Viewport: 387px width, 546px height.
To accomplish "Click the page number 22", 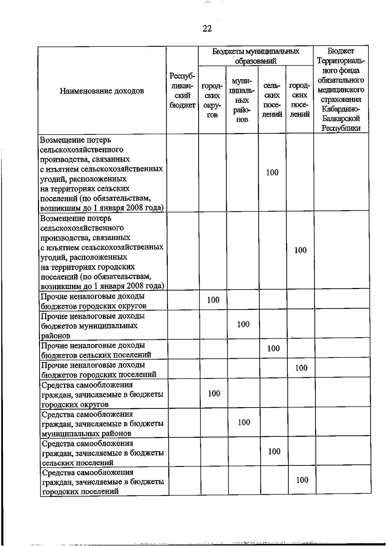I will [x=207, y=29].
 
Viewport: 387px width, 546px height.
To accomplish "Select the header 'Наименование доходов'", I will [x=102, y=91].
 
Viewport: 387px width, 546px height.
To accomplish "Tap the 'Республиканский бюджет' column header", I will [x=182, y=91].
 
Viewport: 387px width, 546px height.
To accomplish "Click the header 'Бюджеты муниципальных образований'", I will [x=255, y=56].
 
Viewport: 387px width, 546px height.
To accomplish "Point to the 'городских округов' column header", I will [x=212, y=100].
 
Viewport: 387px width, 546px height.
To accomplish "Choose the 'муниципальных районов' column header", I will [x=242, y=100].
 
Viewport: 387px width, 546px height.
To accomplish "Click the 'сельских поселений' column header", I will [x=272, y=100].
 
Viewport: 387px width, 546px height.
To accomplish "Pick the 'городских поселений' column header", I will [x=300, y=100].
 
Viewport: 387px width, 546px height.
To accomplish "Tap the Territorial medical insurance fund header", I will [x=341, y=90].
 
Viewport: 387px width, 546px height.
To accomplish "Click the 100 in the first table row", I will [x=272, y=172].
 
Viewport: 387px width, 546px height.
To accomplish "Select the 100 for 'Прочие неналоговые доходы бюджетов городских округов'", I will [x=213, y=300].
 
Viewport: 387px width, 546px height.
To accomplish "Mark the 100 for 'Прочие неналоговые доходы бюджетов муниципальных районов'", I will [x=243, y=324].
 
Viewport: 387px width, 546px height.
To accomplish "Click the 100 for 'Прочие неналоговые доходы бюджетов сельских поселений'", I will [x=273, y=348].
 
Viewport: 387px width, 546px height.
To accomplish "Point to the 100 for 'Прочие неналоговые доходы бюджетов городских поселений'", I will [x=301, y=368].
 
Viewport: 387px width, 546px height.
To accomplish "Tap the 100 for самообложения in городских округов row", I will [x=214, y=393].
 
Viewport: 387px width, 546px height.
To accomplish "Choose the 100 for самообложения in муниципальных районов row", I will [x=244, y=422].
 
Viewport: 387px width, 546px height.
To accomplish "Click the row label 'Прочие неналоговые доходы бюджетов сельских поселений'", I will [x=96, y=350].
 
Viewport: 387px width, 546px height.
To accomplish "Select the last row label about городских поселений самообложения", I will [x=103, y=482].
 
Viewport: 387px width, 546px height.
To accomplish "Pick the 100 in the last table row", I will [x=302, y=480].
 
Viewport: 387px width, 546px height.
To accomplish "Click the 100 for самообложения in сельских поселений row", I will [x=274, y=451].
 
